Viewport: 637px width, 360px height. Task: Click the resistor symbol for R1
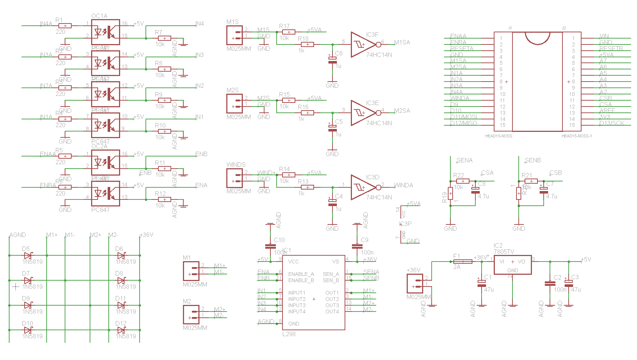[65, 26]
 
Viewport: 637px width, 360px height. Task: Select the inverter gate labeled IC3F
[363, 44]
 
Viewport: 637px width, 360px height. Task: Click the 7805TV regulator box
[512, 265]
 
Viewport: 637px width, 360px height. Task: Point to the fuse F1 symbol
[463, 262]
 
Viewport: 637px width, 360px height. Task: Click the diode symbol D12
[121, 330]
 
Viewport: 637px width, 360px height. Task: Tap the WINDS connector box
[234, 178]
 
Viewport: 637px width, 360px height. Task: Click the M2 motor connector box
[191, 314]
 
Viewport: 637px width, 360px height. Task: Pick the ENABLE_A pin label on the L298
[301, 274]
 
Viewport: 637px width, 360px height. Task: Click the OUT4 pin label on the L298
[332, 312]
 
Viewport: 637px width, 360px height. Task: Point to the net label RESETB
[611, 48]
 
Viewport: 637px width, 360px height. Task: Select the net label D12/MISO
[464, 123]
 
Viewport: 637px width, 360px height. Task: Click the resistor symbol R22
[463, 181]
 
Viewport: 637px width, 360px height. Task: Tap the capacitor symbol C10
[270, 246]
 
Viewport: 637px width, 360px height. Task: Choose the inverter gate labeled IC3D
[363, 187]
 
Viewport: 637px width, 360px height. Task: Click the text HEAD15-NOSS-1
[576, 136]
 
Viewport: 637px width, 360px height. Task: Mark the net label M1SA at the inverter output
[402, 43]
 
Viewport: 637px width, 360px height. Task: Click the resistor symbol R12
[164, 199]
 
